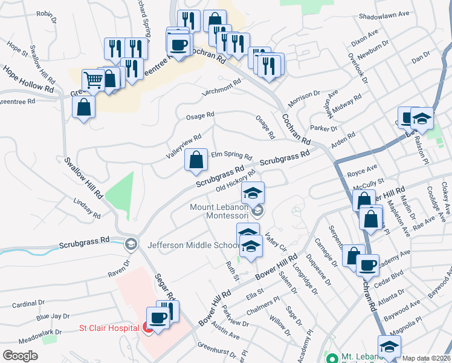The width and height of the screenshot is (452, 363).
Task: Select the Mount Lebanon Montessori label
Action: point(219,211)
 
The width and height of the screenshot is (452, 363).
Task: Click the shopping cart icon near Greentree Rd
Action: point(92,79)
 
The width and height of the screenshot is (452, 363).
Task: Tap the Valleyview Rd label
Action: point(183,147)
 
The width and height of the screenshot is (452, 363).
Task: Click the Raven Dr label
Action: point(119,269)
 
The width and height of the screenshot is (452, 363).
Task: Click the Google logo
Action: point(21,356)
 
